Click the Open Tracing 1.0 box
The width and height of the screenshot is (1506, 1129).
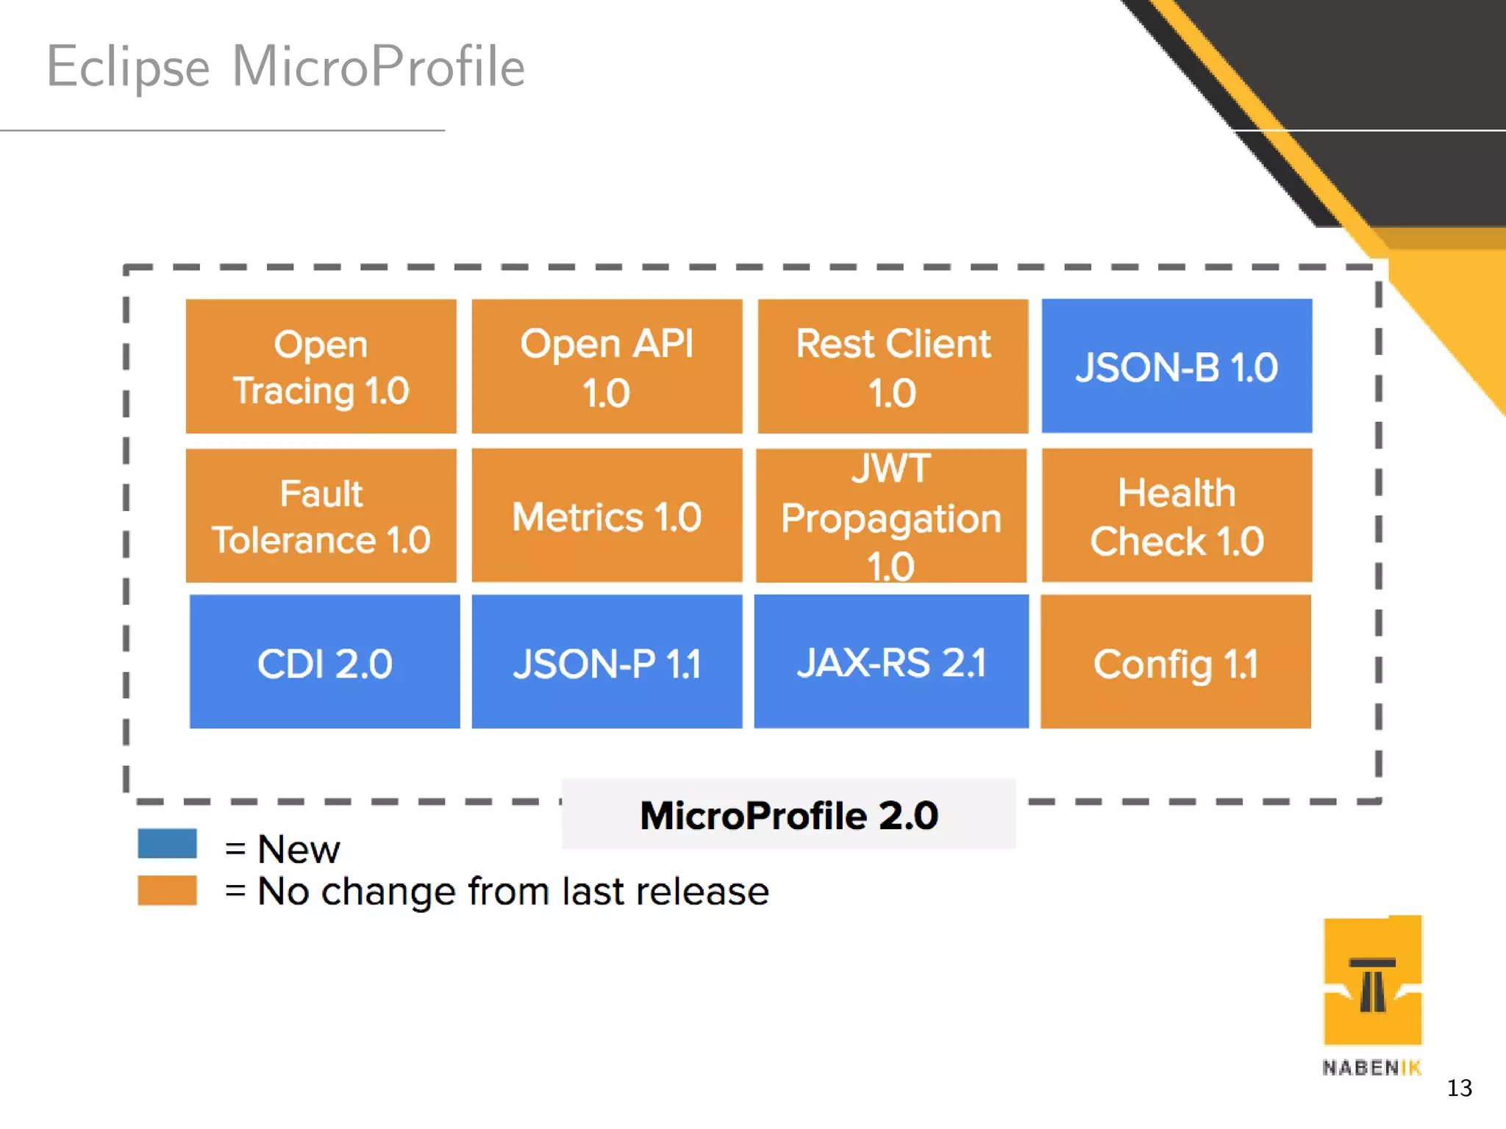point(321,366)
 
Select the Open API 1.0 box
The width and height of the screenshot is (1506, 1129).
point(607,366)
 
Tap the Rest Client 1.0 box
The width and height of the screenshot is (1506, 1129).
point(893,366)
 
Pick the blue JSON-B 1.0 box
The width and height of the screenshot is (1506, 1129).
point(1177,366)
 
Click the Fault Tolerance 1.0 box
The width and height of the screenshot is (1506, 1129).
point(321,516)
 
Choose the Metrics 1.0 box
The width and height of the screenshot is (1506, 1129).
point(607,516)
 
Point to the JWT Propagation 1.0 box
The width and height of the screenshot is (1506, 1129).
point(891,516)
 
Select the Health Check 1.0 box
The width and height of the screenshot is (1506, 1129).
point(1177,516)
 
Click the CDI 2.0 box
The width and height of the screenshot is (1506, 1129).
point(324,662)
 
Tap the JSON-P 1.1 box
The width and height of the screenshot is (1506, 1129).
point(607,662)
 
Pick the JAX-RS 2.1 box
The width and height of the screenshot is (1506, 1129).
point(891,662)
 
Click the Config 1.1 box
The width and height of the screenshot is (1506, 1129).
point(1175,662)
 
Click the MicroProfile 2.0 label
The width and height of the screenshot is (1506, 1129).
point(788,814)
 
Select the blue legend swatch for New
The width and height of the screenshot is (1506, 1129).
point(167,843)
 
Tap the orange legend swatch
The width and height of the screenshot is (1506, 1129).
point(167,890)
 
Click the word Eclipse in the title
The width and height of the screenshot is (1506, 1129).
point(129,68)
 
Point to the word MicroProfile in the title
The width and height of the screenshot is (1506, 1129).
point(378,66)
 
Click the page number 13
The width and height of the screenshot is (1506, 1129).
point(1459,1088)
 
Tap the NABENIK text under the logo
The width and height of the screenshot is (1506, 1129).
point(1371,1067)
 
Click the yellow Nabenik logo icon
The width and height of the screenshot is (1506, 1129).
point(1372,981)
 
